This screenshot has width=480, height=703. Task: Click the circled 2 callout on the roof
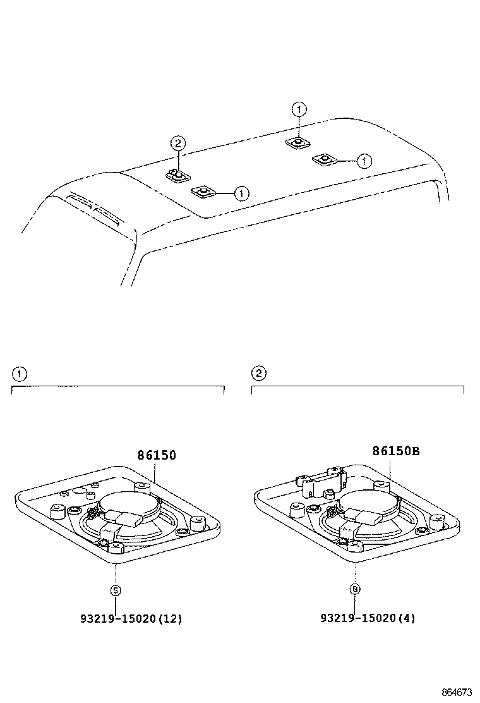[178, 143]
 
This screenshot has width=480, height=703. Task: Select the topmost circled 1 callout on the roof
[299, 110]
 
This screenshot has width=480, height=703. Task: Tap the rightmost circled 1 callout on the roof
[363, 161]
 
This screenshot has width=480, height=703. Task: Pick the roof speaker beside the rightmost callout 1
[325, 158]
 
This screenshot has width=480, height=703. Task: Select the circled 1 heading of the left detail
[20, 374]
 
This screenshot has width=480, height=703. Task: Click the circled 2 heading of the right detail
[258, 374]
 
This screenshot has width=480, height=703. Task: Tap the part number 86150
[156, 455]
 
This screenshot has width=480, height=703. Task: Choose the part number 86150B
[395, 451]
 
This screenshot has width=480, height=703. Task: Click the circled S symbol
[116, 590]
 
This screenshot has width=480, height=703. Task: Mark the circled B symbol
[356, 590]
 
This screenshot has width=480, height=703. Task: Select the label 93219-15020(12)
[131, 619]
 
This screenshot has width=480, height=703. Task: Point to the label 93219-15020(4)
[368, 619]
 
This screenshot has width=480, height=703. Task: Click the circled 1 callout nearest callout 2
[241, 193]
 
